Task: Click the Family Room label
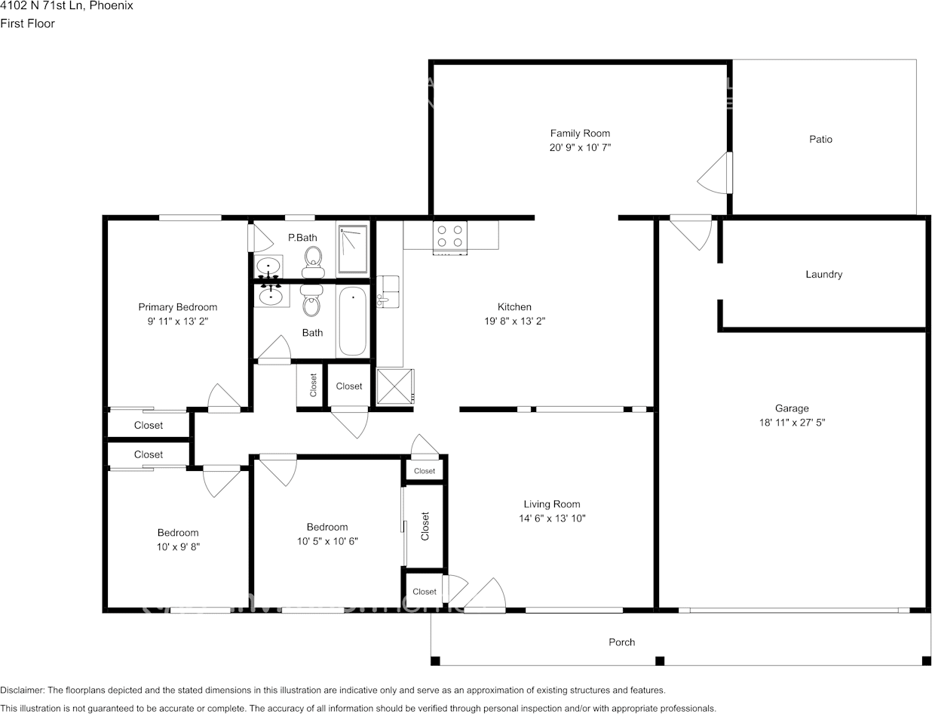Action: click(x=580, y=134)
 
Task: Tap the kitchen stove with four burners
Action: click(x=450, y=237)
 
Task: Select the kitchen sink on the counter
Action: click(x=388, y=291)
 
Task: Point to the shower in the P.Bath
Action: click(x=353, y=249)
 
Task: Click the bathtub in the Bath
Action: click(x=353, y=321)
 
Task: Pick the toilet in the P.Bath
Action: click(x=314, y=262)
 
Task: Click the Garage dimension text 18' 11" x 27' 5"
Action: click(x=792, y=423)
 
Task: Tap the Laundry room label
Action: click(x=823, y=275)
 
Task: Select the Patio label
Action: click(x=820, y=140)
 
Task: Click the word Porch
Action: click(x=621, y=642)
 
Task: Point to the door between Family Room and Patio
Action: click(x=715, y=173)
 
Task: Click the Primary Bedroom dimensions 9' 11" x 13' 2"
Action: click(x=178, y=322)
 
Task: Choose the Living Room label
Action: click(x=551, y=504)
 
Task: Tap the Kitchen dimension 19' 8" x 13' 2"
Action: click(x=514, y=321)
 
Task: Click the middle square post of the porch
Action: click(x=659, y=661)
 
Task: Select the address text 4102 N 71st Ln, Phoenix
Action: click(x=66, y=6)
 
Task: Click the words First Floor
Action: click(x=28, y=23)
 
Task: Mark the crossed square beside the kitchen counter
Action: click(x=395, y=386)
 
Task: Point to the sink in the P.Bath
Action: click(x=268, y=266)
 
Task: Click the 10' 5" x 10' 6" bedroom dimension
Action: click(x=327, y=541)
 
